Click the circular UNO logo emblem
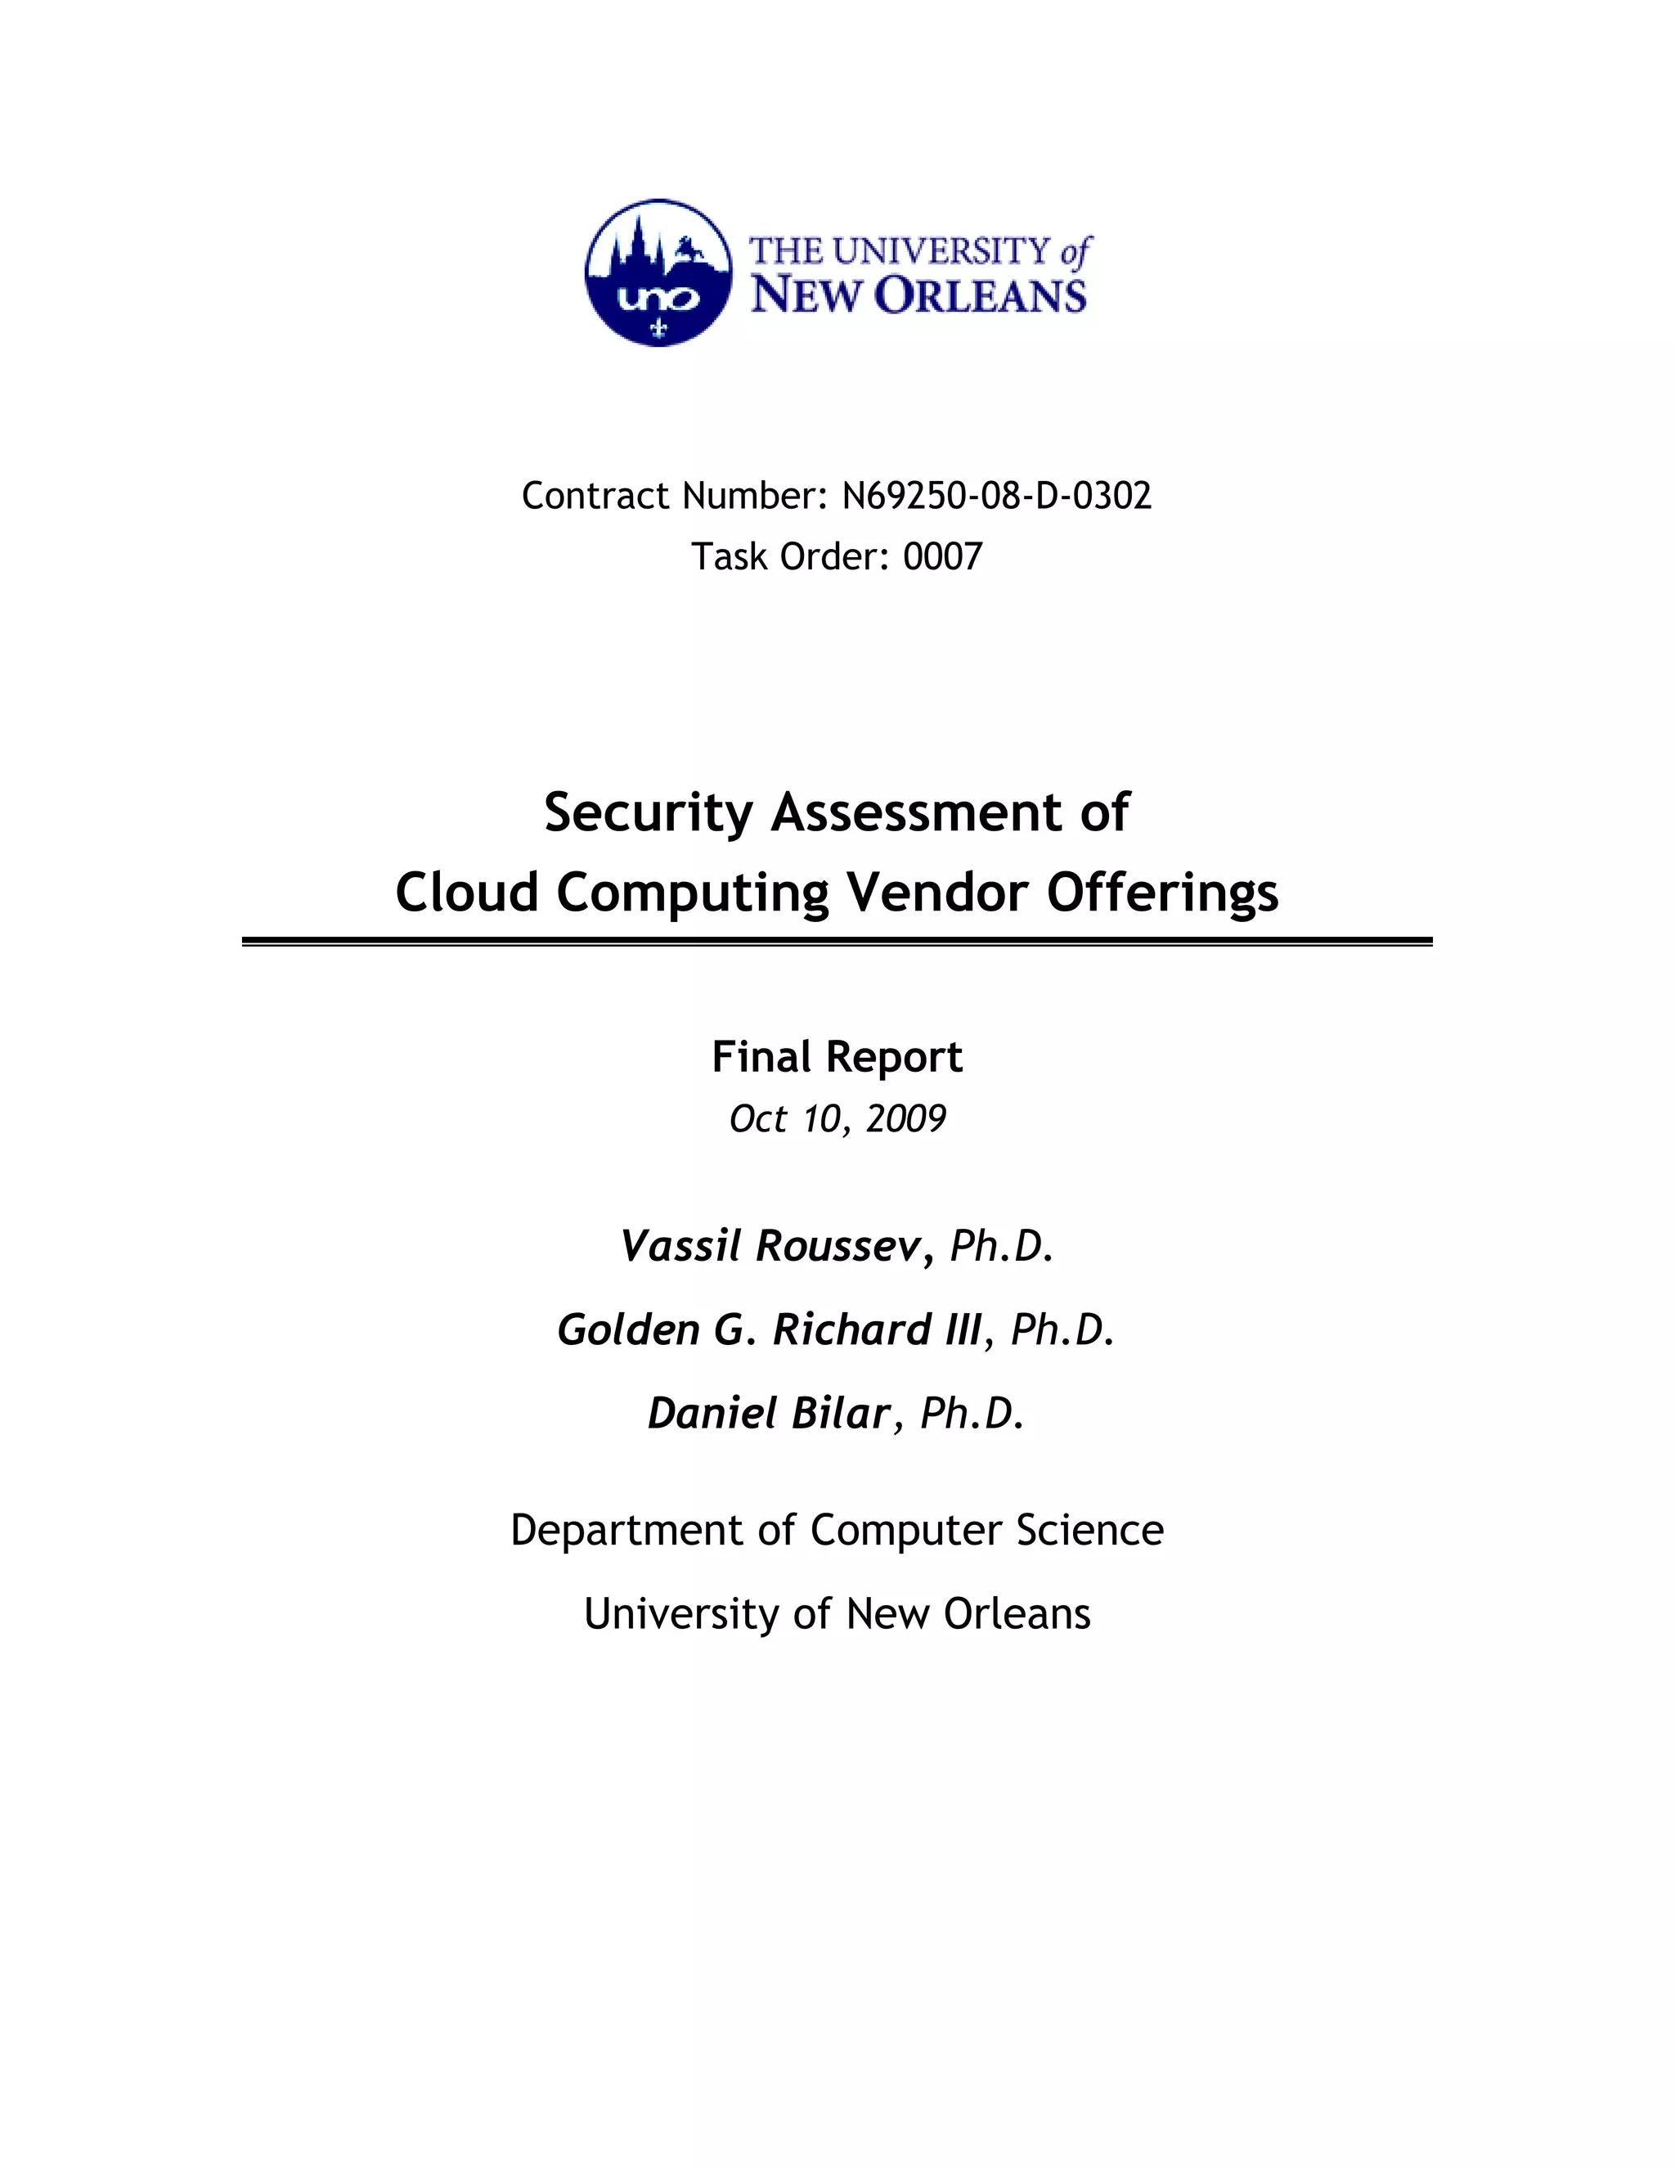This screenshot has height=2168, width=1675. [x=658, y=273]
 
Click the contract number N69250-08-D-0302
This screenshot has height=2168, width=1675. [x=996, y=495]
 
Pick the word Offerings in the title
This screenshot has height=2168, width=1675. [x=1162, y=893]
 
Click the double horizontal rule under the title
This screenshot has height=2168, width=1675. [x=837, y=941]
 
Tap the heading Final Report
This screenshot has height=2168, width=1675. [x=837, y=1057]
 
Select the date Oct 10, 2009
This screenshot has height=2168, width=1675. [x=837, y=1118]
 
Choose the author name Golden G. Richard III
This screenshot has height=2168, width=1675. [x=769, y=1329]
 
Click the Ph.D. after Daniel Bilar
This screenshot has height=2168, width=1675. [x=972, y=1413]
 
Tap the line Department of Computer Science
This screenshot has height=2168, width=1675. [x=837, y=1530]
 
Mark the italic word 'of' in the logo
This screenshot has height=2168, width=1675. [x=1075, y=252]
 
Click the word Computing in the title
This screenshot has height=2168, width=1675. [x=692, y=893]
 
